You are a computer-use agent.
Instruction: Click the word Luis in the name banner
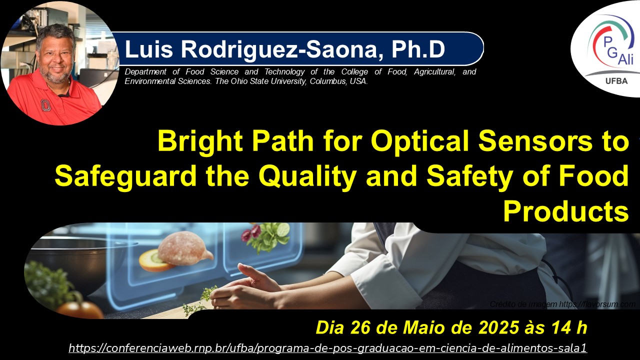coord(149,49)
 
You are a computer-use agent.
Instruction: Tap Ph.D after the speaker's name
coord(418,49)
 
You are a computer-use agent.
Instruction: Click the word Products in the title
coord(565,211)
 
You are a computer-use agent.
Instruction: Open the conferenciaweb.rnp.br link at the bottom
coord(327,348)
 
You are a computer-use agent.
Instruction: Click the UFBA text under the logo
coord(616,81)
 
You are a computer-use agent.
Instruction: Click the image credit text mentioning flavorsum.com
coord(562,304)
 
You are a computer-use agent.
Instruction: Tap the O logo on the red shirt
coord(45,105)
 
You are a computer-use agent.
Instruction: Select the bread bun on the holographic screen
coord(183,248)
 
